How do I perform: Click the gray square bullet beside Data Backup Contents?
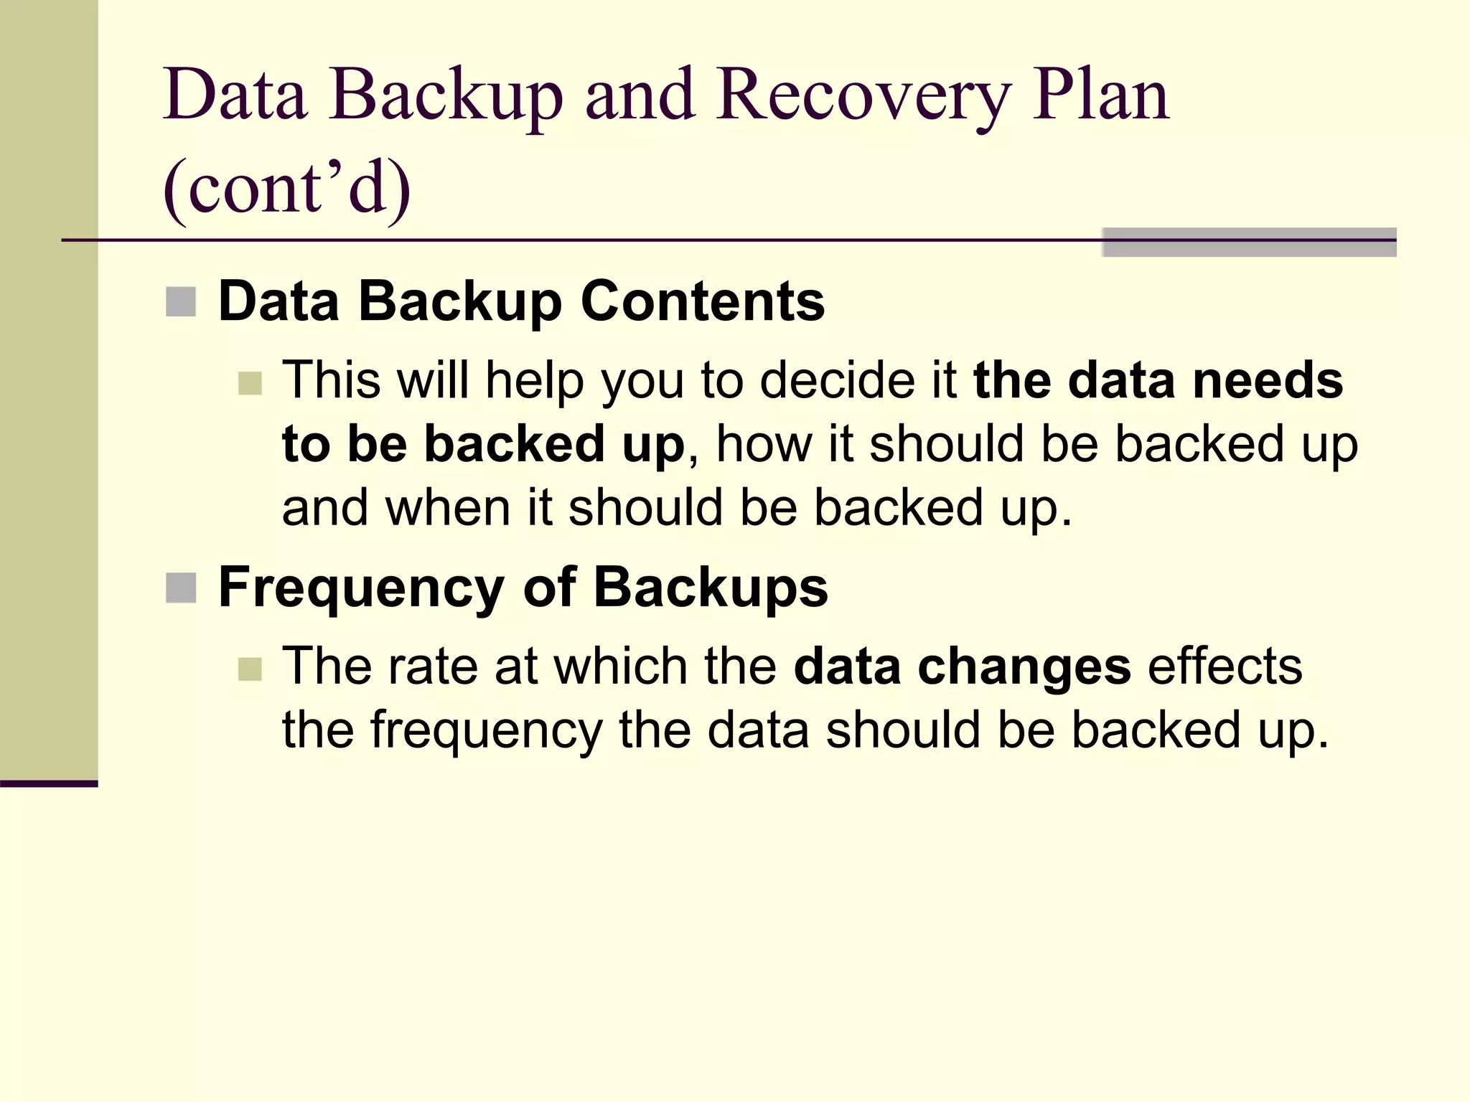tap(181, 302)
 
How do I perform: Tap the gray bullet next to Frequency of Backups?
tap(181, 588)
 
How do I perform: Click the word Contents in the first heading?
tap(703, 301)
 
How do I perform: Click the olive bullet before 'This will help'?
tap(250, 383)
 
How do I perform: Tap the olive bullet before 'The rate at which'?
tap(250, 669)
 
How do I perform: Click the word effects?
tap(1225, 666)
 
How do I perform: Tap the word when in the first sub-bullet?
tap(448, 508)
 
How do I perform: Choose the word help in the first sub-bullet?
tap(535, 380)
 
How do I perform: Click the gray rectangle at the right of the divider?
tap(1249, 242)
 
